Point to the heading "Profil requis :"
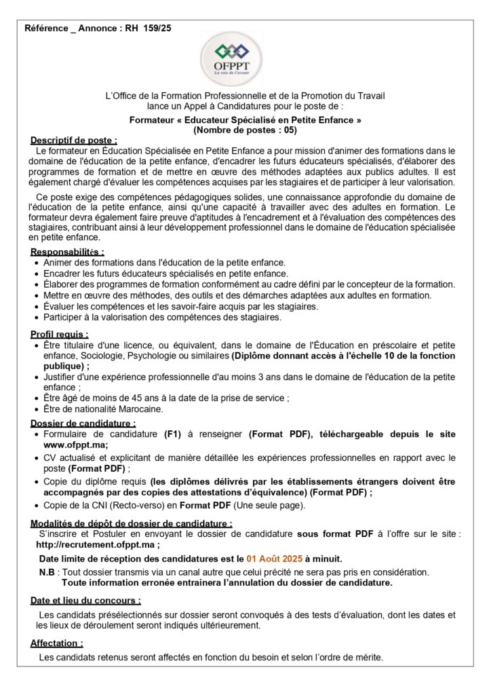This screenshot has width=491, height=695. click(x=59, y=335)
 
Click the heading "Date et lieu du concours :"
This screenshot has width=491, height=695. click(x=85, y=601)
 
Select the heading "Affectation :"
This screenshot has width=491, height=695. click(x=57, y=643)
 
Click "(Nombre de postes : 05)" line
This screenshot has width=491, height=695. click(x=245, y=129)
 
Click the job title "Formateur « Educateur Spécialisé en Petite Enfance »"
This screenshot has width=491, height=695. click(x=245, y=119)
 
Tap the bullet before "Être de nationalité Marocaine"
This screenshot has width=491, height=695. click(x=37, y=409)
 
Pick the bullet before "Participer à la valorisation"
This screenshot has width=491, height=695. click(x=37, y=317)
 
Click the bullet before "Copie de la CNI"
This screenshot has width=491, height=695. click(x=37, y=505)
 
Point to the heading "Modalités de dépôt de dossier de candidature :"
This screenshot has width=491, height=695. click(x=131, y=523)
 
